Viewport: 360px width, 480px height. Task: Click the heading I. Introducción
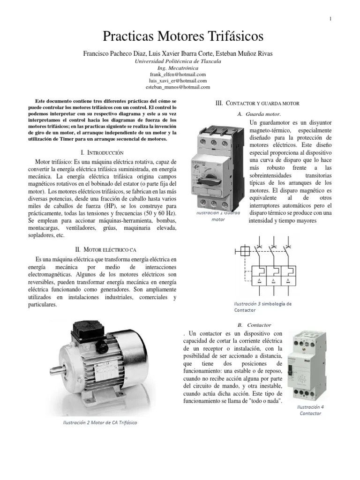click(102, 152)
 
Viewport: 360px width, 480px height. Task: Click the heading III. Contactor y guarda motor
click(257, 103)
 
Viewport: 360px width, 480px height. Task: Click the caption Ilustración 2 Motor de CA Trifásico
click(100, 422)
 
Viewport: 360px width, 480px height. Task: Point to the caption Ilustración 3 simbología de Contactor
click(262, 307)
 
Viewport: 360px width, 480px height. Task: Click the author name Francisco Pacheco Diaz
click(116, 53)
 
